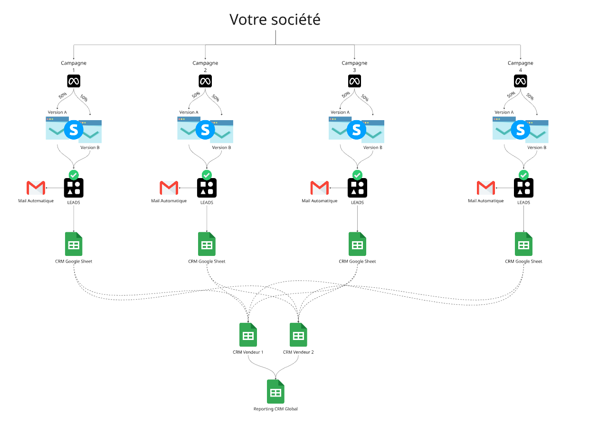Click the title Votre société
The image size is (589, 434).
275,19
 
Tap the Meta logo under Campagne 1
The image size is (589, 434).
73,81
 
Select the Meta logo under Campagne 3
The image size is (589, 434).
354,81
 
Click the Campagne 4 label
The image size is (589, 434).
520,66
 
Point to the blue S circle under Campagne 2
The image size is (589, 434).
205,130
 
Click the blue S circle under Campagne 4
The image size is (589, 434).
521,130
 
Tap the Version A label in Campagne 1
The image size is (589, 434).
57,113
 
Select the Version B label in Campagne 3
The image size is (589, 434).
373,148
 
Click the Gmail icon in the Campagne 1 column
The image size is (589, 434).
36,188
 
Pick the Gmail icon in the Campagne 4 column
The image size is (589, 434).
485,188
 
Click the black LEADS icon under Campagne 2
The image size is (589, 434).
207,188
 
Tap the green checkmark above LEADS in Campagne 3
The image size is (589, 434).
358,175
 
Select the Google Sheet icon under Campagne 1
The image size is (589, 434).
74,244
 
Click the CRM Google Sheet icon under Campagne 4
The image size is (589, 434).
523,244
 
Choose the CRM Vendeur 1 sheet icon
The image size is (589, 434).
248,335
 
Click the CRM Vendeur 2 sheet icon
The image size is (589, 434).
298,335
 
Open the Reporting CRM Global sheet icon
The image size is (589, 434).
275,392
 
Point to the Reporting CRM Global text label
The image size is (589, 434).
275,409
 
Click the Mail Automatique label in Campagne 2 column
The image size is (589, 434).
169,201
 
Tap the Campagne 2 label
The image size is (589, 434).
205,66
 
